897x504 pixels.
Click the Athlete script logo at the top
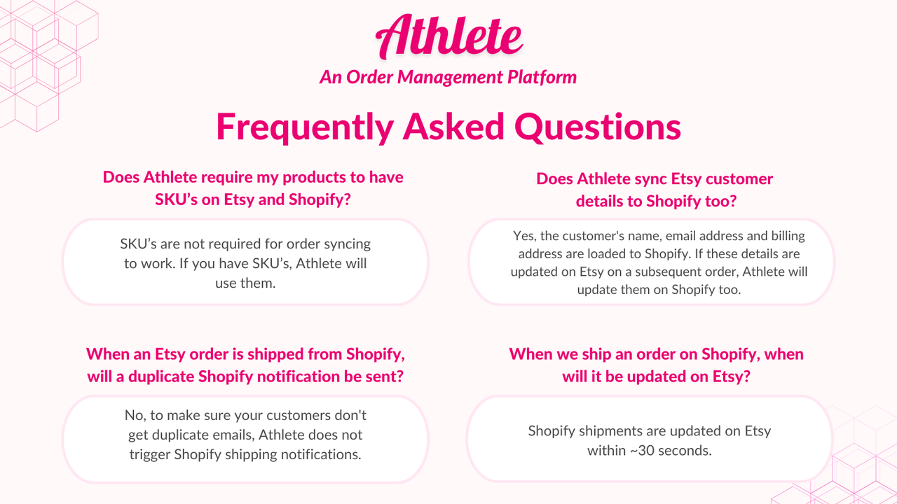coord(449,36)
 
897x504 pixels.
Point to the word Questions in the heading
coord(598,127)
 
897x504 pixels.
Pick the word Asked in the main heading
coord(453,127)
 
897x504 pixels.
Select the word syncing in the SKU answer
coord(346,244)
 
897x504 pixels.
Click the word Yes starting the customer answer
coord(524,236)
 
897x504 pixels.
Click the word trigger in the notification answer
coord(150,454)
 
